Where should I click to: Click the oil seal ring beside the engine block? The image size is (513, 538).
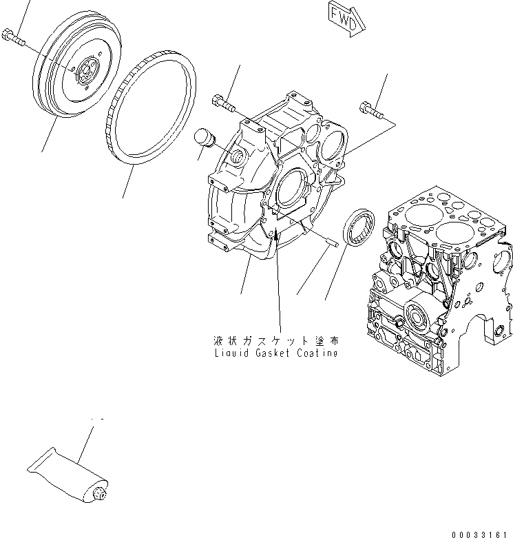pos(359,227)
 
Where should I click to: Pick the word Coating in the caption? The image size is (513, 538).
pos(317,353)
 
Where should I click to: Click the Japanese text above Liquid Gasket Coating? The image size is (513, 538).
pos(275,341)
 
